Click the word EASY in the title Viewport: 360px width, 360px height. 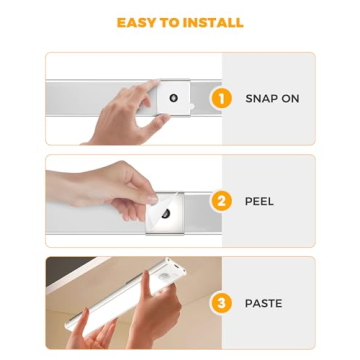[137, 22]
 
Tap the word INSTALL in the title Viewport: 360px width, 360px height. [212, 22]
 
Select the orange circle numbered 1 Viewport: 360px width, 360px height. [222, 98]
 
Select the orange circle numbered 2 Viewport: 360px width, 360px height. [222, 201]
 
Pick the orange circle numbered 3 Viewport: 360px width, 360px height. [222, 303]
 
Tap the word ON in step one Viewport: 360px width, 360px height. [290, 99]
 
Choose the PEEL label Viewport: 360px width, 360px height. [259, 201]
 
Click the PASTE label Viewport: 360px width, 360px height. [263, 303]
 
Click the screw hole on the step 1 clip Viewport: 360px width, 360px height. [174, 98]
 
